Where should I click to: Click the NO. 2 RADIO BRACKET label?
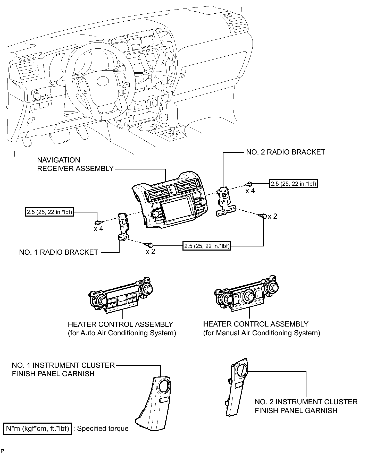click(x=286, y=152)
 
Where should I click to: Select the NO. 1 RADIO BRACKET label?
click(x=59, y=252)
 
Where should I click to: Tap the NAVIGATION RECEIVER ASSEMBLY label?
click(x=75, y=164)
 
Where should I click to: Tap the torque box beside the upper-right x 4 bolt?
click(x=293, y=184)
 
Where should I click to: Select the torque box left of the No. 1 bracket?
click(x=49, y=212)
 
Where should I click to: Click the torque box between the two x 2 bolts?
click(x=207, y=246)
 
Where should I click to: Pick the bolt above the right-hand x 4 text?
click(x=249, y=184)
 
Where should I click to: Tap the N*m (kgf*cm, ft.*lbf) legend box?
click(x=37, y=429)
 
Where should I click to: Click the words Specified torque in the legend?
click(x=103, y=429)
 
